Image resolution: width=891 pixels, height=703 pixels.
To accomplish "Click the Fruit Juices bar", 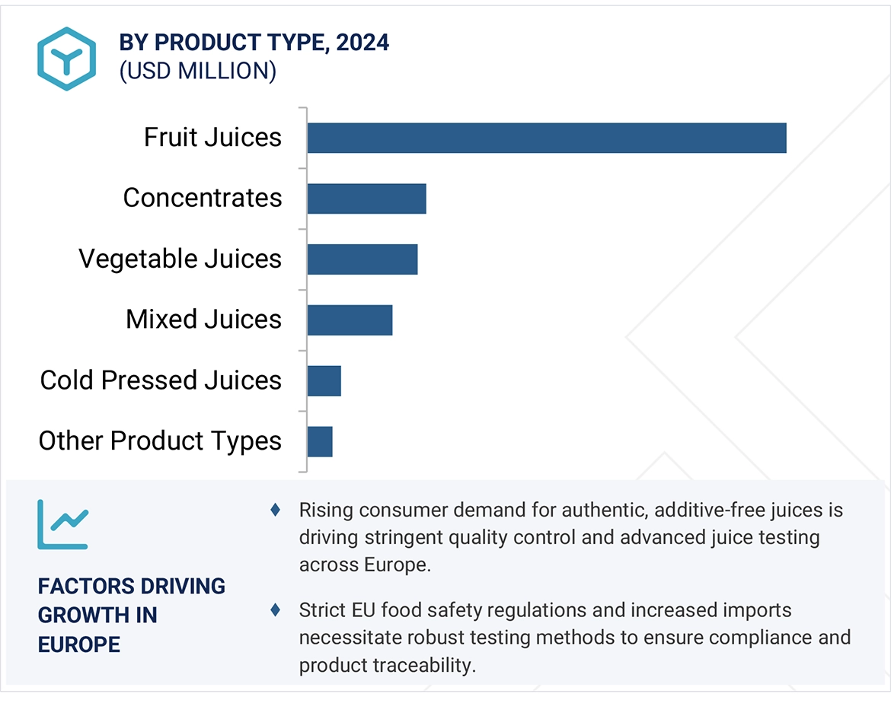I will coord(547,138).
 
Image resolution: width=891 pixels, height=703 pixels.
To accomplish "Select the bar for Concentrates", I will coord(366,199).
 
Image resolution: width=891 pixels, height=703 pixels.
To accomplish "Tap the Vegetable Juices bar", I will coord(362,259).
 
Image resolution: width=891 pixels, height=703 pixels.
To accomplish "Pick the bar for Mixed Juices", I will coord(350,320).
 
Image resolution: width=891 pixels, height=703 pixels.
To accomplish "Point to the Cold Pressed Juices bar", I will coord(324,380).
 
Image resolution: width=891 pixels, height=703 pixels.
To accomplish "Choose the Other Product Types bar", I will coord(320,441).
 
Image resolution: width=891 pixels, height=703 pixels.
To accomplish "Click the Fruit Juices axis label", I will coord(212,138).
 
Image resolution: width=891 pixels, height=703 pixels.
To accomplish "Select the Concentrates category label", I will coord(203,199).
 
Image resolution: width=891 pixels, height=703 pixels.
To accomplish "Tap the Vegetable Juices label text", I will coord(180,259).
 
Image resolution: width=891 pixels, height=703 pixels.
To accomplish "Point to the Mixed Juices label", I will coord(203,320).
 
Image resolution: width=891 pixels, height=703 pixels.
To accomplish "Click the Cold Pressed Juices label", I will coord(161,380).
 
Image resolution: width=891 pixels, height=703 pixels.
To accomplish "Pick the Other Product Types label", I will coord(160,441).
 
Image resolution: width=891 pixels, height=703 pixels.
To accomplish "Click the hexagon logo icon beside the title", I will coord(67,59).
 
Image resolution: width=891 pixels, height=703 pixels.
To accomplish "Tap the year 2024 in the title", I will coord(362,43).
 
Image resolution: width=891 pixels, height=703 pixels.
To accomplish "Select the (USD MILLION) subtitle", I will coord(198,72).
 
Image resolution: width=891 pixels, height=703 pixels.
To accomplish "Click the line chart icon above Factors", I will coord(62,524).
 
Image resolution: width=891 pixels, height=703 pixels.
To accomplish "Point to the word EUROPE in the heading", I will coord(79,644).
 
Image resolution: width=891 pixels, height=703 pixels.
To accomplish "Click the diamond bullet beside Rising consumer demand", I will coord(275,510).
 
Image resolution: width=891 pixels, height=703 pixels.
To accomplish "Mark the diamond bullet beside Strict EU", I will coord(275,609).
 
